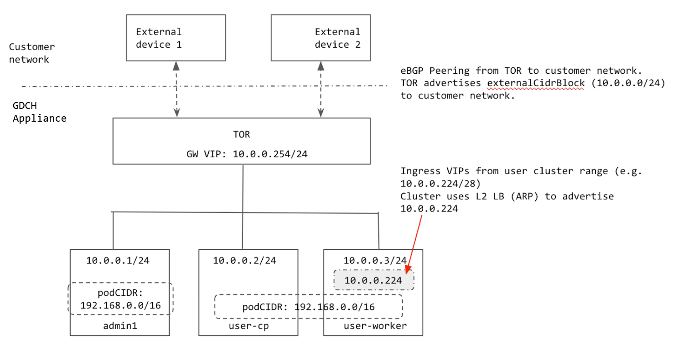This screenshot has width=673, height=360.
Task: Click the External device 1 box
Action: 176,38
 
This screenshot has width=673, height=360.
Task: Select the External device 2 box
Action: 321,38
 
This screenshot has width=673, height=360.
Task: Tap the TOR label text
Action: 241,135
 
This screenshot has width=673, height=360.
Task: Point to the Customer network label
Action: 31,53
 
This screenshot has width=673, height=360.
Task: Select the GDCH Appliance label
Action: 39,112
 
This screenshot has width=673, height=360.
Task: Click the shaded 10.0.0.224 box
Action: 373,280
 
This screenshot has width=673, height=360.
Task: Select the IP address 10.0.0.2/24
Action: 244,261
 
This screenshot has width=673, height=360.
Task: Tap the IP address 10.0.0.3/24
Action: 375,261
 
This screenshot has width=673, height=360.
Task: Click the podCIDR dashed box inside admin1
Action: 120,298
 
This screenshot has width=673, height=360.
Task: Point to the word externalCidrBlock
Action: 535,83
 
